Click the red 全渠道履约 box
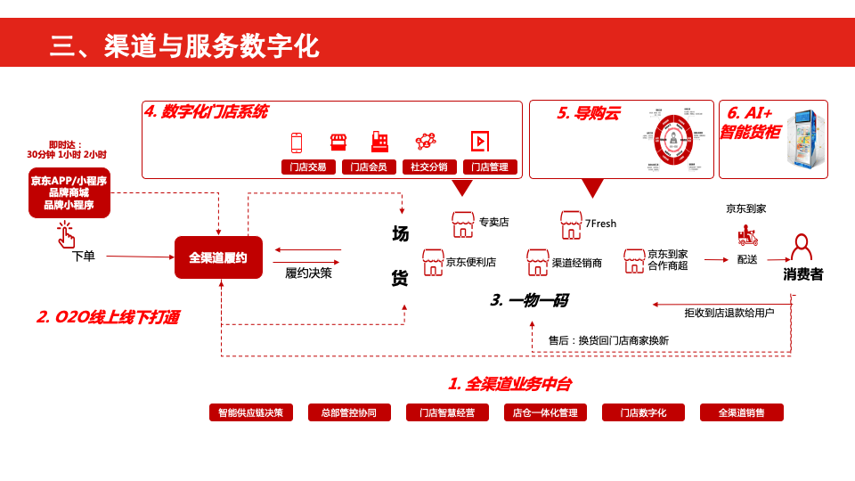(x=218, y=257)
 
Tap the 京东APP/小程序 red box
(x=69, y=192)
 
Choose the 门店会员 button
(x=369, y=167)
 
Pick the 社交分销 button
(x=429, y=167)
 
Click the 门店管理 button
(x=489, y=167)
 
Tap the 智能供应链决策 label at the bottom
(x=250, y=412)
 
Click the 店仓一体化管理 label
(x=545, y=412)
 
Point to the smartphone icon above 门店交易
(x=297, y=142)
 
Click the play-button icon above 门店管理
(x=479, y=141)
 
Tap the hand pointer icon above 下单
(x=66, y=234)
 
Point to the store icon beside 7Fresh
(x=571, y=223)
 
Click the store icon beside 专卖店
(x=462, y=223)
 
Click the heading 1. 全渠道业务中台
(x=509, y=384)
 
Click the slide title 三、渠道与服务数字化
(x=184, y=45)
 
